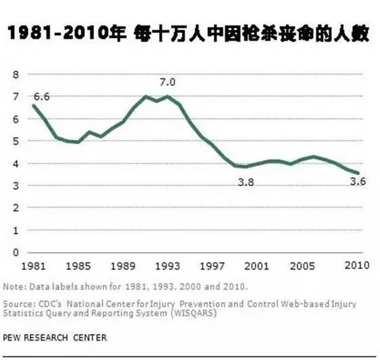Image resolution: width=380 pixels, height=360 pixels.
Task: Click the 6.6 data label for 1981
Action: click(x=42, y=96)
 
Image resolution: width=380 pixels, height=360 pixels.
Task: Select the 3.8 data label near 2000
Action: click(x=246, y=182)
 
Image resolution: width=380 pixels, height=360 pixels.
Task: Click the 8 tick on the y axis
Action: click(x=16, y=74)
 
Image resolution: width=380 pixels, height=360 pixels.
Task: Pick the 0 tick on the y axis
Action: click(x=16, y=252)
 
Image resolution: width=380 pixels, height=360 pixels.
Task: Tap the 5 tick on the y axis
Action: click(x=16, y=141)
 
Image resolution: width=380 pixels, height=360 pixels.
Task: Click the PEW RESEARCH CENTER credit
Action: click(x=55, y=337)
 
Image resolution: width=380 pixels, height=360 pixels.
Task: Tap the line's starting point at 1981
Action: click(x=33, y=105)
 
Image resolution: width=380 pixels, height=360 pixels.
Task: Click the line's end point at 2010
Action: click(x=357, y=173)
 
